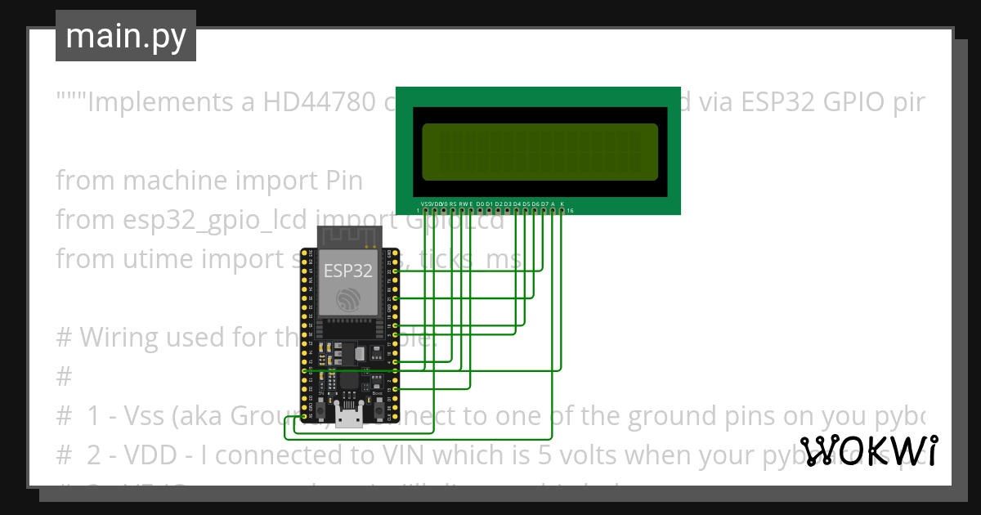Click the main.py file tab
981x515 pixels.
[125, 36]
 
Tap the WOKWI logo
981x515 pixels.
[869, 450]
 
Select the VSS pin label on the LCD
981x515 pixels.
[424, 204]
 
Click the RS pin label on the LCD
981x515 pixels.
[453, 204]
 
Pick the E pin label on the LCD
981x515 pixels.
[472, 204]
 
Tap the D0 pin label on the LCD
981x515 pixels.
[480, 204]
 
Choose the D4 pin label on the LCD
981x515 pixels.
[517, 204]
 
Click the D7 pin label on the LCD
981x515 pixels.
[544, 204]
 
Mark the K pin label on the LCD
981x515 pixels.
[562, 204]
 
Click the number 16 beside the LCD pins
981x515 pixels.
[570, 212]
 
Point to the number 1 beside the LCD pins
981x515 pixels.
[418, 212]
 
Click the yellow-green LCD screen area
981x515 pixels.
[540, 152]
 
